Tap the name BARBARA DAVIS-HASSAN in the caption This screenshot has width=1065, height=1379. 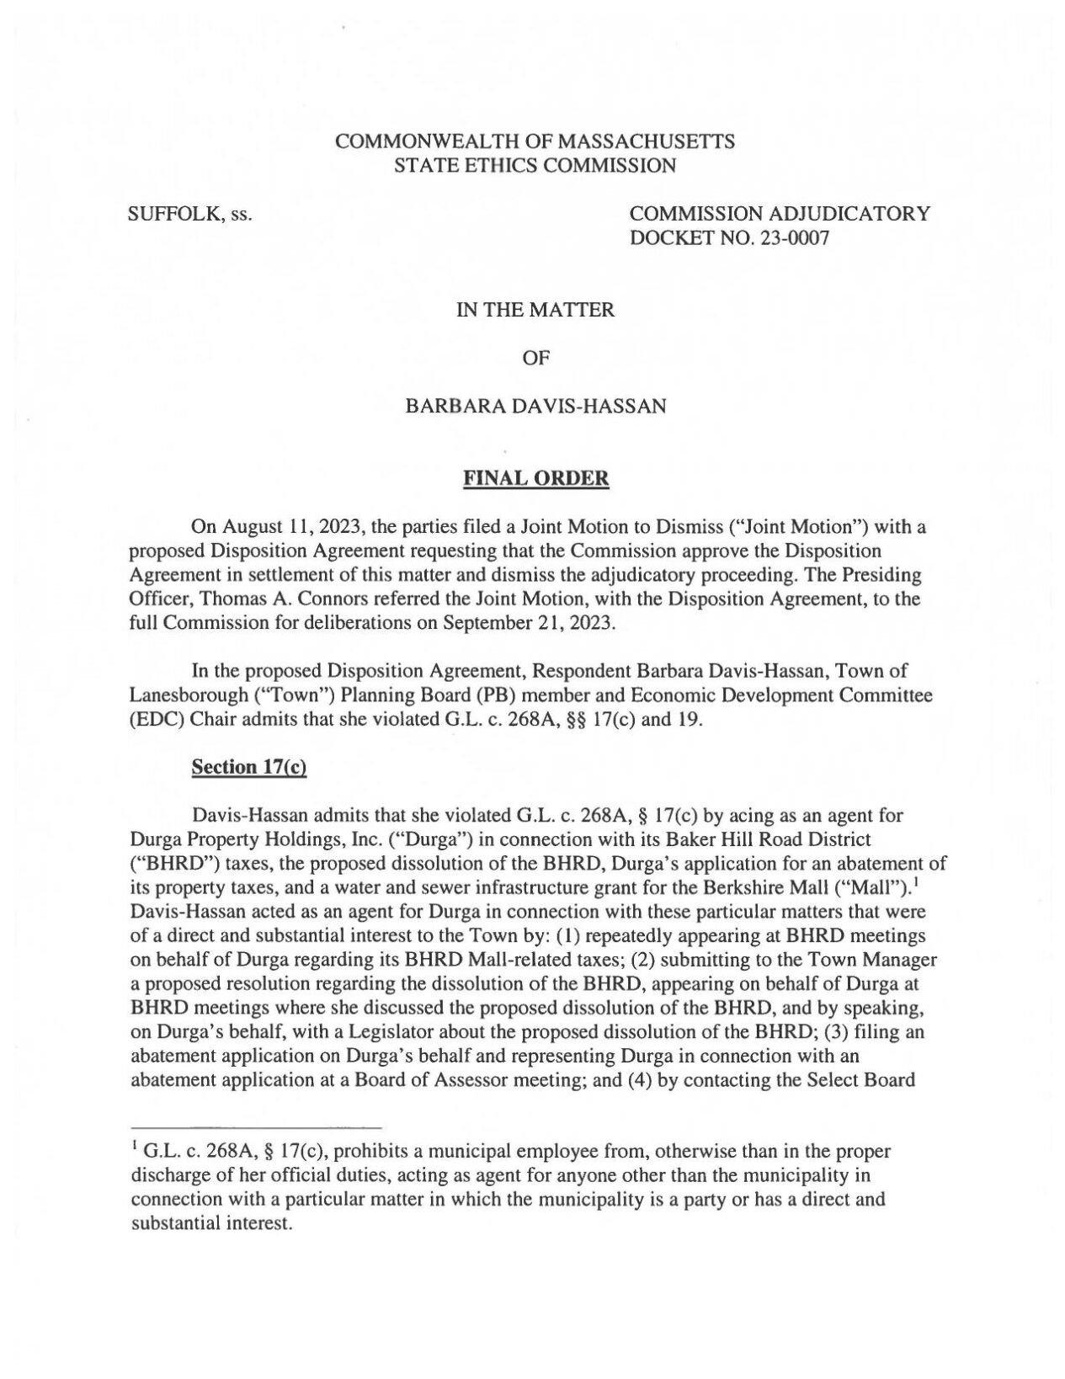[x=536, y=407]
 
